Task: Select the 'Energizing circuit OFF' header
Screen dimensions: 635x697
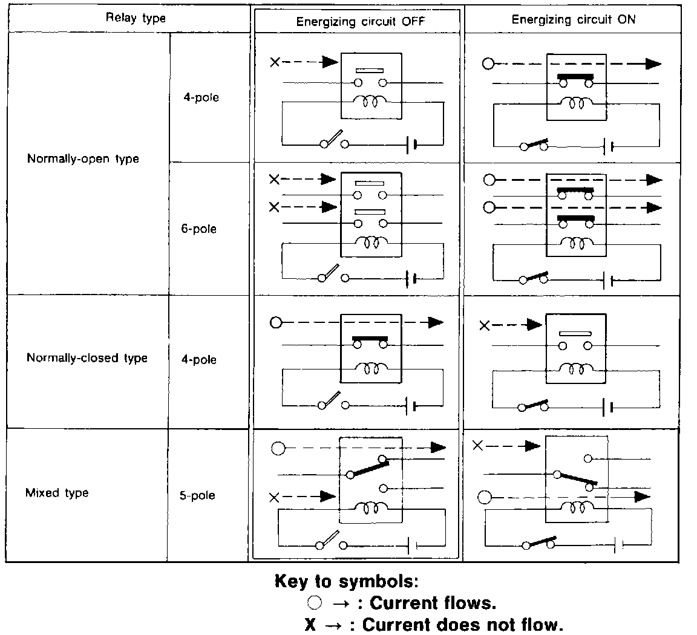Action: [x=361, y=22]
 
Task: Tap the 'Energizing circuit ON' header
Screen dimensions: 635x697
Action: [x=573, y=19]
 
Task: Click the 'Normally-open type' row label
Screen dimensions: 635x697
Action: [x=83, y=159]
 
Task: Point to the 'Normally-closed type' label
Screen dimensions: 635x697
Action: [x=87, y=357]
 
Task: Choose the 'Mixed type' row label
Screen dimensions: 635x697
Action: [x=57, y=493]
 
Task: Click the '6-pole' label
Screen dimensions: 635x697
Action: [x=198, y=229]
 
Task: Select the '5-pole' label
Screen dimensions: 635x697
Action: [x=197, y=495]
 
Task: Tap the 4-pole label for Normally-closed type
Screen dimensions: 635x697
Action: [x=198, y=360]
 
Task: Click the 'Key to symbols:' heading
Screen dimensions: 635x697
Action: [x=347, y=582]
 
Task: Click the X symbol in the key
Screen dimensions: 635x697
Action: [x=310, y=624]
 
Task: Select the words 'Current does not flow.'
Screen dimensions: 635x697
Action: [x=463, y=624]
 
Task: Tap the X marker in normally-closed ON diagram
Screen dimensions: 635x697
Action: [x=484, y=326]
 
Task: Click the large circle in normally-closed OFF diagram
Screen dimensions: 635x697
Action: [x=276, y=323]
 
